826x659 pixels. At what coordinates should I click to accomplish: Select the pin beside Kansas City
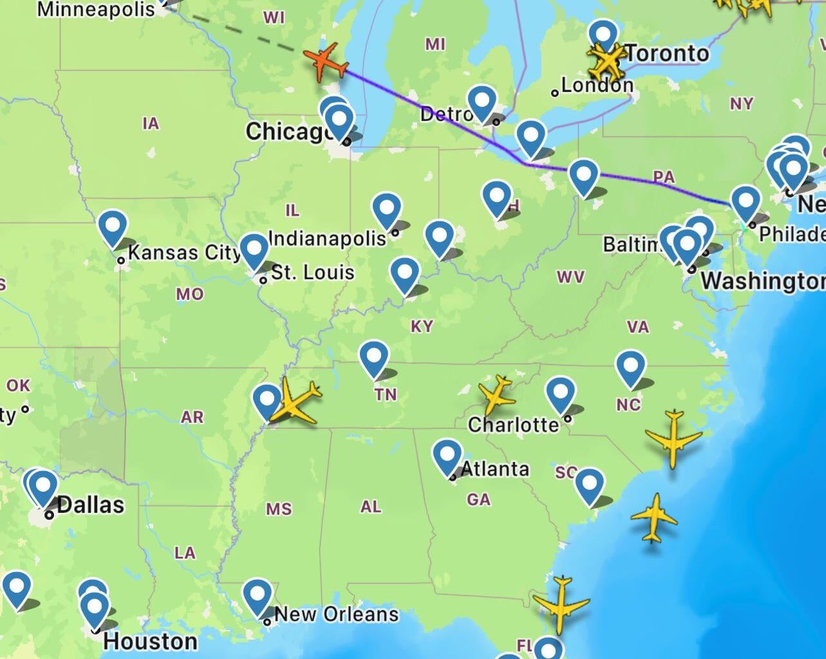(x=113, y=228)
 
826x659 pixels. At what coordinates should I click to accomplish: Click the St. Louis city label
(x=312, y=272)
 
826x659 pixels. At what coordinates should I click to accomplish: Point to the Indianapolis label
(x=326, y=238)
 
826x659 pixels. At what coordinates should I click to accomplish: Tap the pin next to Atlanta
(x=447, y=456)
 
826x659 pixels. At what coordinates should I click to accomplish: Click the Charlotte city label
(x=513, y=424)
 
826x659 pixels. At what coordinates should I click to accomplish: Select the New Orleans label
(x=336, y=614)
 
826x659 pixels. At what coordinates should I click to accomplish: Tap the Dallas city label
(x=90, y=505)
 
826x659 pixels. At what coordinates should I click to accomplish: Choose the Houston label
(x=150, y=641)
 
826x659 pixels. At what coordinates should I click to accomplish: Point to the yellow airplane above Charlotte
(x=497, y=394)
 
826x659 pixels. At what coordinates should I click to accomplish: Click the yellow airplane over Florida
(x=561, y=603)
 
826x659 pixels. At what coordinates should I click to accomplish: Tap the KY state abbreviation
(x=422, y=326)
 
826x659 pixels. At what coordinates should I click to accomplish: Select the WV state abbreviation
(x=570, y=277)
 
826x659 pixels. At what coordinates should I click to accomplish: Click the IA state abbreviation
(x=151, y=123)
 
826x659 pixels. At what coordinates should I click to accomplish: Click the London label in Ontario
(x=597, y=85)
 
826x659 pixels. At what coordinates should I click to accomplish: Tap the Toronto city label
(x=666, y=53)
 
